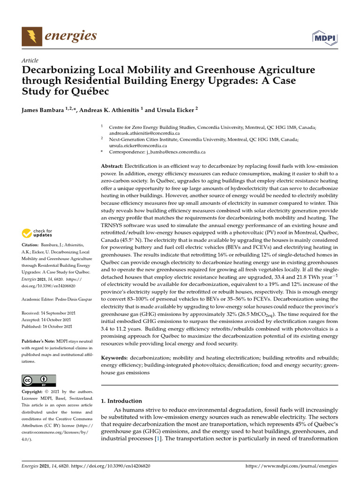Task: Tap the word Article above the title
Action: click(x=30, y=60)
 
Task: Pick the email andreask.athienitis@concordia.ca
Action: click(x=138, y=133)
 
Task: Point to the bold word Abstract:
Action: click(x=112, y=166)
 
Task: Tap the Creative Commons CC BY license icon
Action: click(x=39, y=380)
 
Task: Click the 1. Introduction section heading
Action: click(x=121, y=401)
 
